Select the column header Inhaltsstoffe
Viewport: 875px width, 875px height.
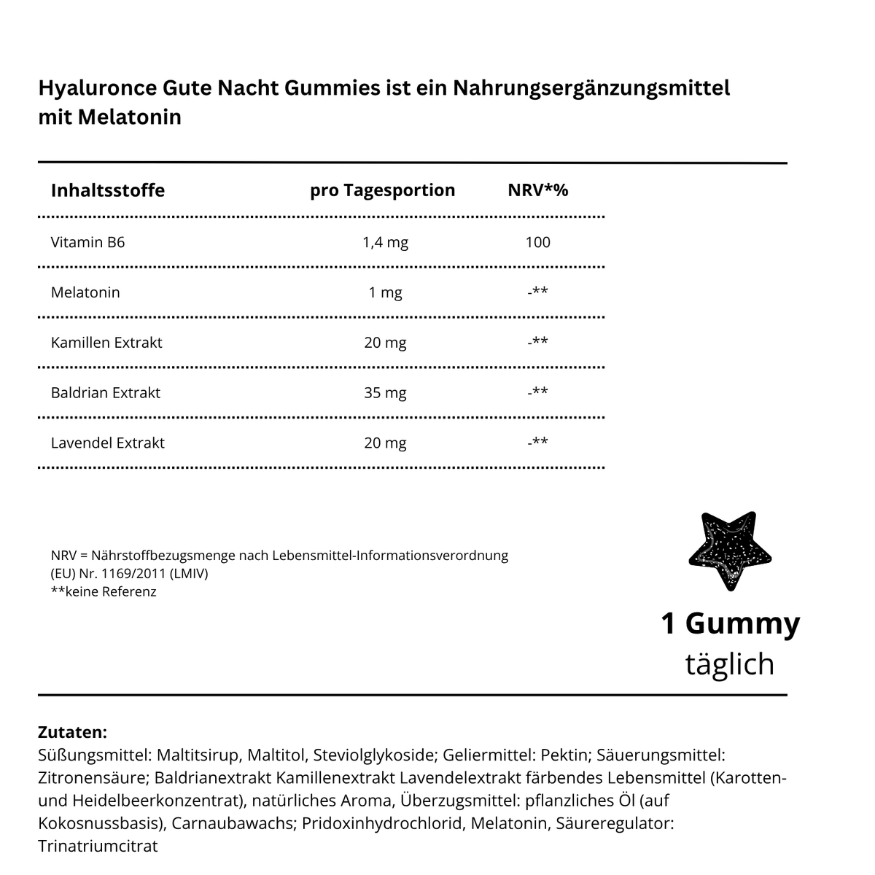coord(108,190)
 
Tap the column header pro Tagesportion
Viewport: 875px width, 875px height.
coord(382,190)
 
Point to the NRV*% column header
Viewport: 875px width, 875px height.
coord(537,190)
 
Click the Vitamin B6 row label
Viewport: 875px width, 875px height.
coord(87,242)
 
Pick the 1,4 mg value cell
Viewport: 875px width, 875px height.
coord(385,242)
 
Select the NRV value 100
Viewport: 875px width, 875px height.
coord(537,242)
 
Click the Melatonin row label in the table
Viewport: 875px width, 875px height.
coord(85,292)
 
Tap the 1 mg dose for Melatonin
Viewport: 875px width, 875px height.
coord(385,292)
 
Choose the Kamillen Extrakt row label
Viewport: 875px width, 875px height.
coord(106,343)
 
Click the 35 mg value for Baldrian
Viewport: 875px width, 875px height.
coord(385,393)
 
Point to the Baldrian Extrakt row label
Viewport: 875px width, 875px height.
coord(106,393)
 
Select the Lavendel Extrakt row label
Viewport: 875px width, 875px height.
coord(108,443)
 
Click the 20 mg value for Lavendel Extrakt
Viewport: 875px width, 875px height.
coord(385,443)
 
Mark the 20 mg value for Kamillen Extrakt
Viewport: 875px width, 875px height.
coord(385,343)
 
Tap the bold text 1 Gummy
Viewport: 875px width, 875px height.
coord(730,623)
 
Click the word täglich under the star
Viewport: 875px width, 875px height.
coord(730,664)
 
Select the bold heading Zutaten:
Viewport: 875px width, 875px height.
coord(72,731)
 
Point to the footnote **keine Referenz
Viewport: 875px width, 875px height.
coord(104,591)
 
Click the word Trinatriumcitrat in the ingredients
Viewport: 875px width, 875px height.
coord(98,847)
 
